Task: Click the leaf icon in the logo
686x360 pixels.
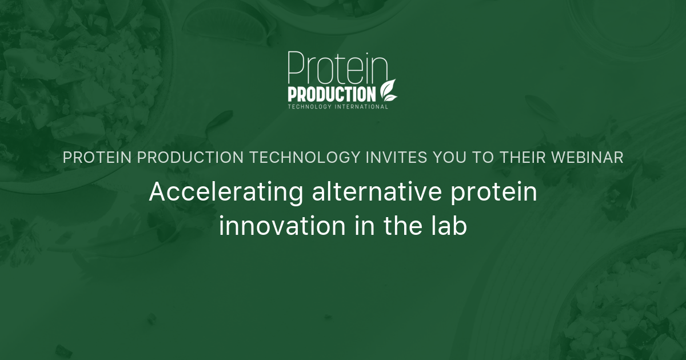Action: point(388,90)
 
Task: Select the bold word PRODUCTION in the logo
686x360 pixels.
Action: point(332,94)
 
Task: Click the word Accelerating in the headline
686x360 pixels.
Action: point(226,193)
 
